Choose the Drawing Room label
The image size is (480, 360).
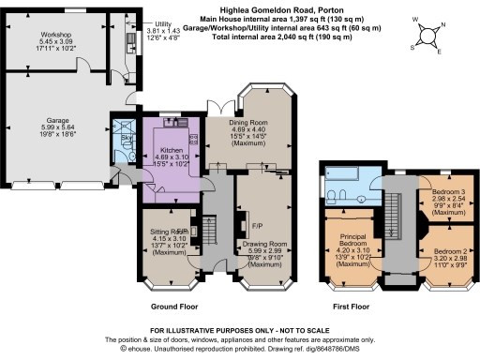pyautogui.click(x=265, y=244)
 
